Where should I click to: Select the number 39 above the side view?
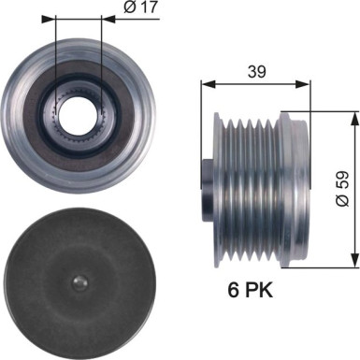(255, 70)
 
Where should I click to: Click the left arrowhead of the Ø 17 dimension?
(59, 17)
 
